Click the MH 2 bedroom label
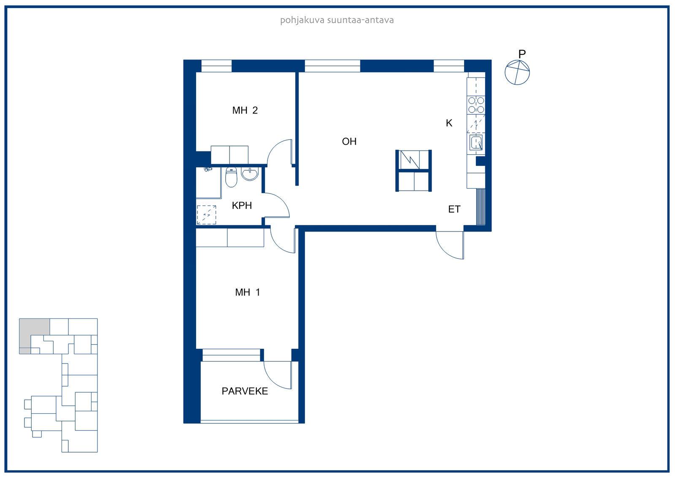tap(245, 110)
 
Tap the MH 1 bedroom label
tap(247, 292)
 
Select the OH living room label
tap(349, 141)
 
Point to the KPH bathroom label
tap(242, 205)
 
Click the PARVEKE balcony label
tap(245, 391)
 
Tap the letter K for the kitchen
tap(449, 123)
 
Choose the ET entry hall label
tap(454, 209)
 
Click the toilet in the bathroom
tap(231, 177)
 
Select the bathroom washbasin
tap(250, 174)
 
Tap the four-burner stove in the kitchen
tap(476, 105)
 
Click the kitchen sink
tap(476, 142)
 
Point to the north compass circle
tap(517, 72)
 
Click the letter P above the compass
tap(522, 54)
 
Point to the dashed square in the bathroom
tap(206, 215)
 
